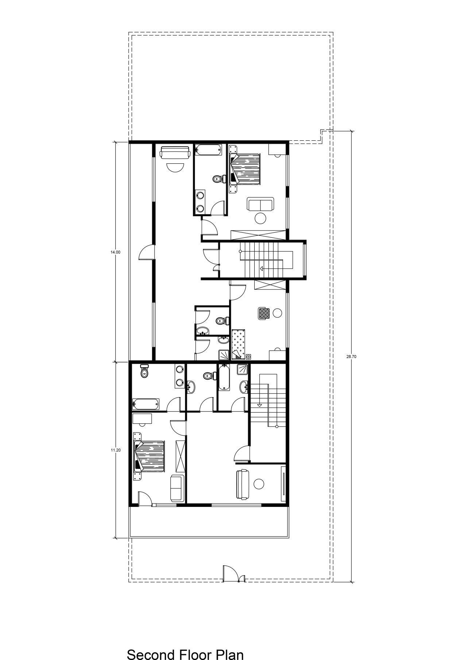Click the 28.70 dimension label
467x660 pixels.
tap(351, 357)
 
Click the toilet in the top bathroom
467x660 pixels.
tap(218, 179)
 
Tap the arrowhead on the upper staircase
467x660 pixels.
tap(261, 269)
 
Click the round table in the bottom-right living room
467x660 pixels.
tap(259, 484)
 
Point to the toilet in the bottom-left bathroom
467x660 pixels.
tap(144, 371)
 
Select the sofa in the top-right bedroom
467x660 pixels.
tap(260, 204)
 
